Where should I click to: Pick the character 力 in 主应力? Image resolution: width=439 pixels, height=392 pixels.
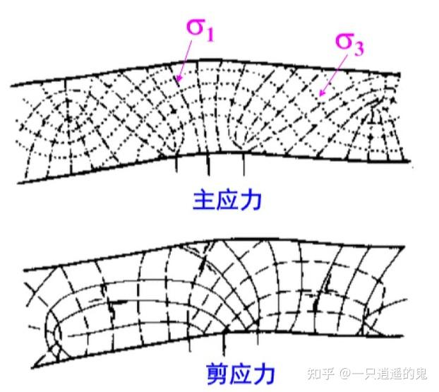pyautogui.click(x=250, y=200)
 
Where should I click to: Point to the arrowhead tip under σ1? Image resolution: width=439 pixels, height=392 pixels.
pyautogui.click(x=177, y=80)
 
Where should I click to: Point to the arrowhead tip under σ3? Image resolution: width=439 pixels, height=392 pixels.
pyautogui.click(x=319, y=94)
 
